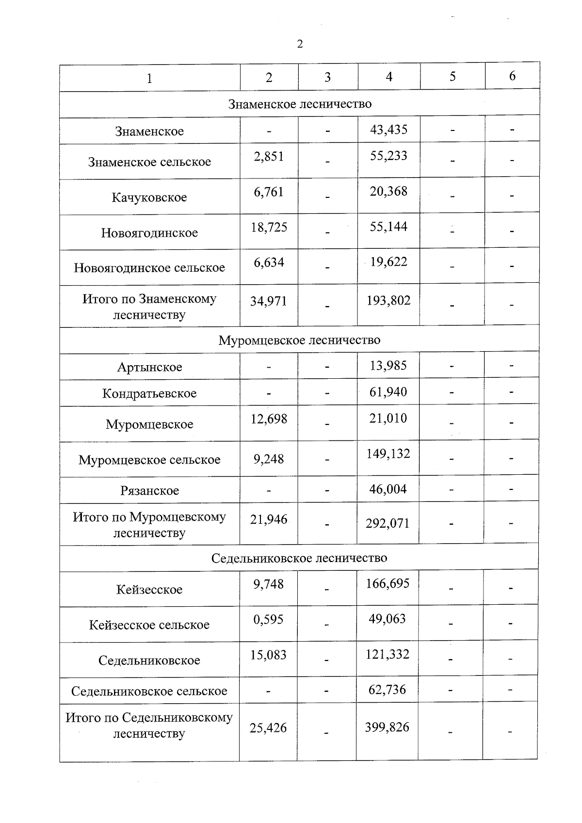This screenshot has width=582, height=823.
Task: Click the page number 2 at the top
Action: [x=299, y=44]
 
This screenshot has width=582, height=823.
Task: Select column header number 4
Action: [x=388, y=77]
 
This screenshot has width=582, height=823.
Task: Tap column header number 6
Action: [x=512, y=76]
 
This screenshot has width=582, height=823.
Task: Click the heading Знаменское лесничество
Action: [x=300, y=104]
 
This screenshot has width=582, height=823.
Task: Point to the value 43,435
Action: [x=388, y=129]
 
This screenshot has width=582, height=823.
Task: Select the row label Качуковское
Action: [x=149, y=197]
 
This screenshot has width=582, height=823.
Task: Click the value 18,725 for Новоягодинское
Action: [x=269, y=227]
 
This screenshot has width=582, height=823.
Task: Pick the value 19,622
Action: [x=388, y=262]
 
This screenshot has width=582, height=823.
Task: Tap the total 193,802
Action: [x=388, y=301]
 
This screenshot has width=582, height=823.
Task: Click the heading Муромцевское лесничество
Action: [x=299, y=340]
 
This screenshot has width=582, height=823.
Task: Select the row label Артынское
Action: [x=149, y=367]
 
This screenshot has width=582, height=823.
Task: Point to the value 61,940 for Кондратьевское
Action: [x=388, y=392]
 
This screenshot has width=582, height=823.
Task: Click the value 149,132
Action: [x=388, y=454]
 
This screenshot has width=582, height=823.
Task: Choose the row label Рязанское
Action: [x=149, y=491]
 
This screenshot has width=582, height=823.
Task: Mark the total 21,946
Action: [x=269, y=519]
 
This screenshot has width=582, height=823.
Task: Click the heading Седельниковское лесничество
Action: [x=299, y=558]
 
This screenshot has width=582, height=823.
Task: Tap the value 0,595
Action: [x=268, y=620]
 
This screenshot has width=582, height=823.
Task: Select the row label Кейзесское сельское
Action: [x=149, y=625]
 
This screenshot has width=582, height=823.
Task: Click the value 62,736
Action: [x=387, y=690]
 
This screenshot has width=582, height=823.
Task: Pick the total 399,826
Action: [x=387, y=727]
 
